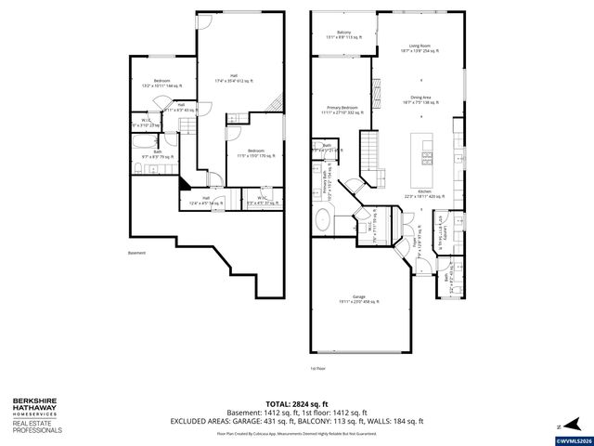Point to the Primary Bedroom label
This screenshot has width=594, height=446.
[x=339, y=111]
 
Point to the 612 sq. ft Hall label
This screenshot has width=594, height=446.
[x=235, y=79]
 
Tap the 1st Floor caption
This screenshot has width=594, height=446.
[x=318, y=368]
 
